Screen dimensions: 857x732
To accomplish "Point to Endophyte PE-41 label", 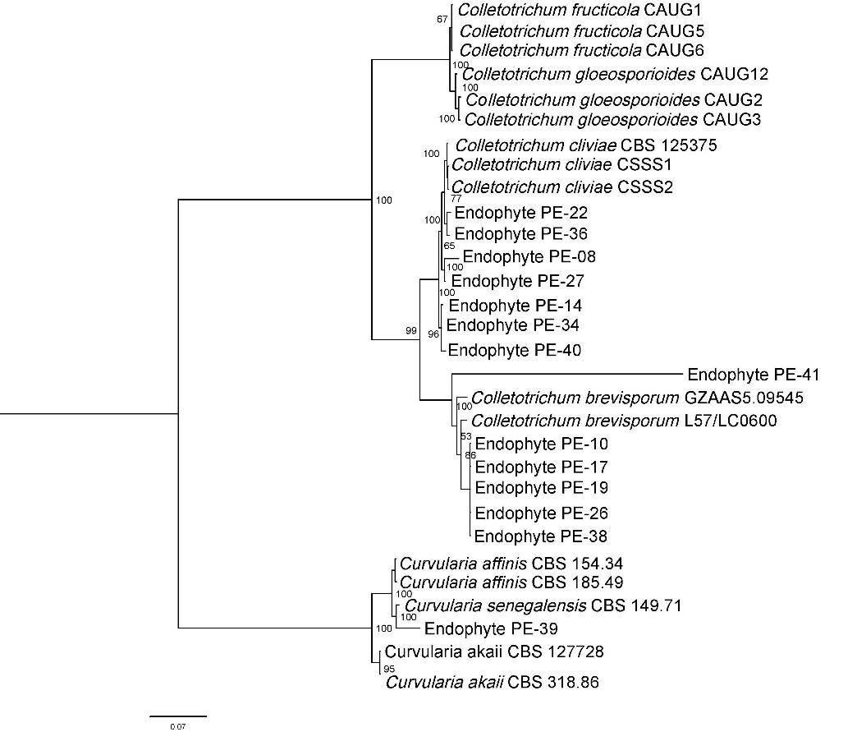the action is click(754, 375).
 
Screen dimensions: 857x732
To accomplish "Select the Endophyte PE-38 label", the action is click(541, 537).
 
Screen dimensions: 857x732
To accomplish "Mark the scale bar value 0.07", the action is click(177, 727).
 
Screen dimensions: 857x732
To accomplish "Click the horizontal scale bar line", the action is click(178, 716).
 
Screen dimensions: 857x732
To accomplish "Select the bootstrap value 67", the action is click(442, 19).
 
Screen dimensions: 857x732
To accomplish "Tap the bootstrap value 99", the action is click(411, 331).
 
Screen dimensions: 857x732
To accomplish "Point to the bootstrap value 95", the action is click(389, 669).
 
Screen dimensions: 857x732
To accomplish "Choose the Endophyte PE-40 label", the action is click(516, 350).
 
